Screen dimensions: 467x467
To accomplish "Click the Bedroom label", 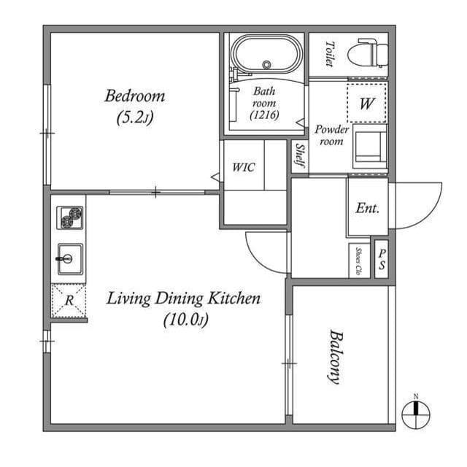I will pyautogui.click(x=135, y=96).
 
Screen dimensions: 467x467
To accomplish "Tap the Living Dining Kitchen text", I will pyautogui.click(x=184, y=298).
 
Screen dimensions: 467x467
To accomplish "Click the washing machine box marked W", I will pyautogui.click(x=366, y=104).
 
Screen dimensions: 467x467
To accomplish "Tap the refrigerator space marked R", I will pyautogui.click(x=69, y=300).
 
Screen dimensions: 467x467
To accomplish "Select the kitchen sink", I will pyautogui.click(x=70, y=258).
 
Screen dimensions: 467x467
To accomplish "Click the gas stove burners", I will pyautogui.click(x=70, y=217).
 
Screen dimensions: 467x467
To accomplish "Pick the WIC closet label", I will pyautogui.click(x=243, y=167).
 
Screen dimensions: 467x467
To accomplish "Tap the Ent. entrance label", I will pyautogui.click(x=367, y=208).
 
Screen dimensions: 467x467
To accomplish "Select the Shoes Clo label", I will pyautogui.click(x=358, y=259).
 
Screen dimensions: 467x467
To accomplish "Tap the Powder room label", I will pyautogui.click(x=331, y=135).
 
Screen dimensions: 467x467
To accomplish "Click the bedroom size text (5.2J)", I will pyautogui.click(x=135, y=117).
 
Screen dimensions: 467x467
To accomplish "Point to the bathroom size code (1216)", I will pyautogui.click(x=263, y=115).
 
